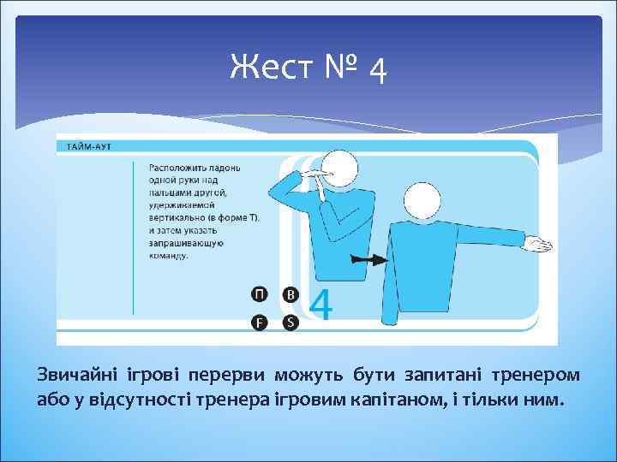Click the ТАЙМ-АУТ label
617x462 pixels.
click(x=85, y=146)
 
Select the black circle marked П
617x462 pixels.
click(x=259, y=294)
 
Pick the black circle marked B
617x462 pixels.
click(x=291, y=294)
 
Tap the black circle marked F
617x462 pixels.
click(x=259, y=322)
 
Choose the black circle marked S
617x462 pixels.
click(x=291, y=322)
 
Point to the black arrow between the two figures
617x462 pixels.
click(x=363, y=258)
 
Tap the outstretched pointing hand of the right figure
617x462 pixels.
click(x=539, y=246)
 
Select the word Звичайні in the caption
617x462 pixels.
click(x=76, y=376)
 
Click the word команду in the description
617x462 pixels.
click(x=170, y=254)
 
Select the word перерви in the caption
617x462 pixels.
click(x=236, y=376)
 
